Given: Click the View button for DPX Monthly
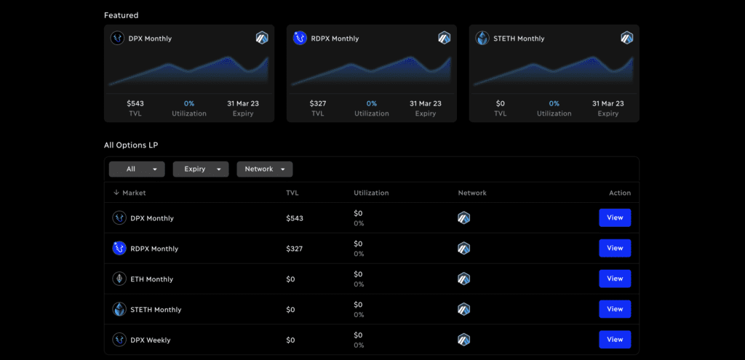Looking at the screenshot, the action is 615,218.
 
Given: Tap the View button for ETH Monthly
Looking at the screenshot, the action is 615,279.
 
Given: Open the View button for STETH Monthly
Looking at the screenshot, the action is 615,309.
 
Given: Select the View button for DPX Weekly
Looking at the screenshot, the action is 615,340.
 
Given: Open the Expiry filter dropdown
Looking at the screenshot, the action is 201,169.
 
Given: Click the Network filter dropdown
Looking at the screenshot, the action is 265,169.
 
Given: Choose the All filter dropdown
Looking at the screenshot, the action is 137,169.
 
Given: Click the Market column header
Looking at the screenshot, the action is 130,193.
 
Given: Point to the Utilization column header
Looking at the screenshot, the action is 371,193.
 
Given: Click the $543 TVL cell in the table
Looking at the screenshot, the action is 295,218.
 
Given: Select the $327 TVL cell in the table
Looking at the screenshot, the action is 294,249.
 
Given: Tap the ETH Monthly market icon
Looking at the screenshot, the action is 119,279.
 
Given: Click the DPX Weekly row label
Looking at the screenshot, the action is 150,340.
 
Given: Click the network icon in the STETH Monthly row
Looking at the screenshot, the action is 463,309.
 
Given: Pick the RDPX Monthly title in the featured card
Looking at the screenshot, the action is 335,39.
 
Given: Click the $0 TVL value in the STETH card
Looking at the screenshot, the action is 500,103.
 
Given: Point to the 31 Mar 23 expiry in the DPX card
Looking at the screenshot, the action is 243,103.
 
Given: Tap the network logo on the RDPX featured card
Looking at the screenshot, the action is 445,38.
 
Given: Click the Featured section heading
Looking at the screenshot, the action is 121,15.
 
